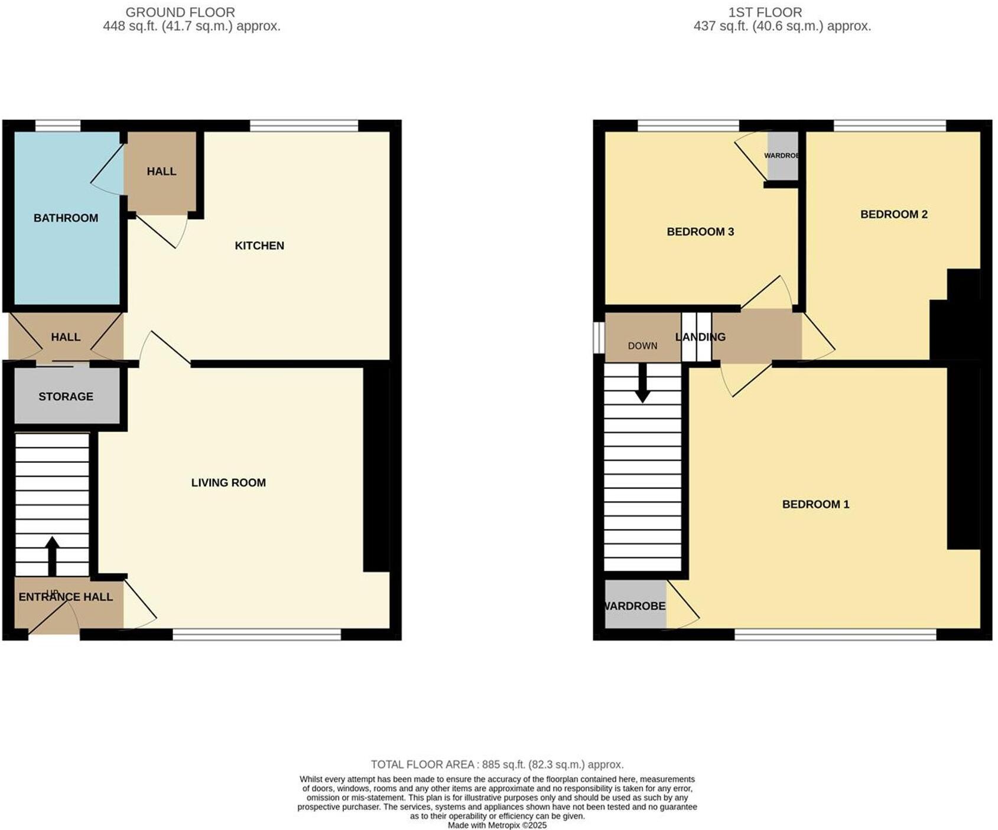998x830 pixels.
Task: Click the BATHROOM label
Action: pyautogui.click(x=66, y=218)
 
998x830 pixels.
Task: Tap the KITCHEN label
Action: pyautogui.click(x=259, y=246)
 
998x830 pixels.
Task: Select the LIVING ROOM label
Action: pyautogui.click(x=228, y=483)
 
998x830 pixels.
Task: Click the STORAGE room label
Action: pyautogui.click(x=66, y=397)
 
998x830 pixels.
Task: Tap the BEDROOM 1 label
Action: pyautogui.click(x=815, y=504)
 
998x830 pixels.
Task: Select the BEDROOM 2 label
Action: pyautogui.click(x=893, y=214)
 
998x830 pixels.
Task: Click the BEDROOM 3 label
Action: pyautogui.click(x=700, y=231)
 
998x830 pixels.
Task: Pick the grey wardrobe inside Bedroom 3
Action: pyautogui.click(x=782, y=156)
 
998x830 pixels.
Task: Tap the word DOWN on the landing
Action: pyautogui.click(x=642, y=346)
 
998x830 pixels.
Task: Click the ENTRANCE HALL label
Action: pyautogui.click(x=66, y=597)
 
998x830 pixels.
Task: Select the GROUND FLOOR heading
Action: pyautogui.click(x=180, y=12)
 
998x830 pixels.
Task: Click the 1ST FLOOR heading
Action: pyautogui.click(x=765, y=12)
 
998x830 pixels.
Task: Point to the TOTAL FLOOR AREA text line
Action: pyautogui.click(x=497, y=764)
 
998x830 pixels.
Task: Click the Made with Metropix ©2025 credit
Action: pyautogui.click(x=497, y=825)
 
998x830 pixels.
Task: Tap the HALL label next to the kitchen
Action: pyautogui.click(x=161, y=171)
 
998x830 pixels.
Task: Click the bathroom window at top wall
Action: pyautogui.click(x=57, y=125)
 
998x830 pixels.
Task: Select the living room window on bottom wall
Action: pyautogui.click(x=256, y=635)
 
